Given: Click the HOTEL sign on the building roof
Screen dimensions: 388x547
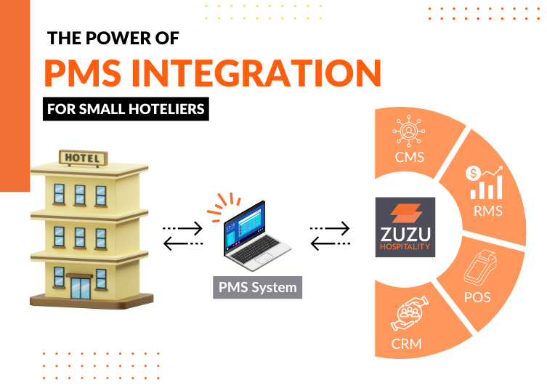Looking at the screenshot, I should [x=84, y=157].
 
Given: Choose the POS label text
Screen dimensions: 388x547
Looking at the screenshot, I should [x=478, y=297].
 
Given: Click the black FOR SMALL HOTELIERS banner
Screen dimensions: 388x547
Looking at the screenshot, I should [x=126, y=110].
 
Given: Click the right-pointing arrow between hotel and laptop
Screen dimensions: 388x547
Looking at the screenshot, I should [x=182, y=228].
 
